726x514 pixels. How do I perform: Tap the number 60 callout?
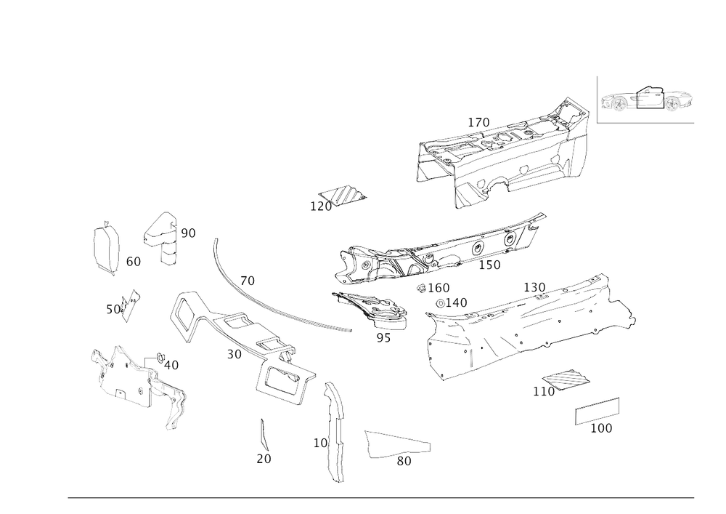[x=133, y=260]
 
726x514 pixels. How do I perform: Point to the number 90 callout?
[x=188, y=233]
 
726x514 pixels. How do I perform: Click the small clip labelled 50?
[x=131, y=303]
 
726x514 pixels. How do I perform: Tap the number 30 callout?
[x=233, y=354]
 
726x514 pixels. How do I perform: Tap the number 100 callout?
[x=602, y=429]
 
